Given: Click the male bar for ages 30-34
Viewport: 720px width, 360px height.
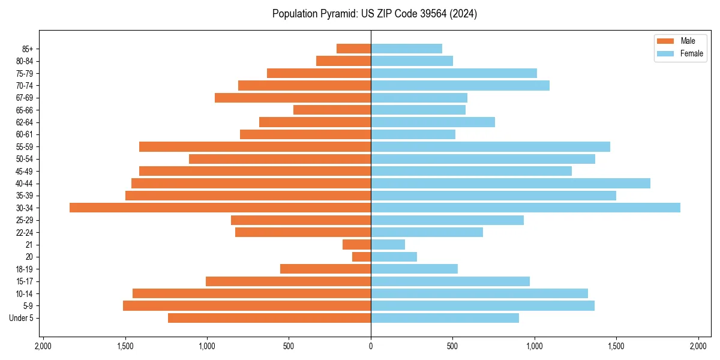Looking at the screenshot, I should (220, 208).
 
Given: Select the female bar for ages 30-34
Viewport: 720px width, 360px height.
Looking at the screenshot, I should (526, 208).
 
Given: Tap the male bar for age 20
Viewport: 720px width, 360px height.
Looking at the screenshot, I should (361, 257).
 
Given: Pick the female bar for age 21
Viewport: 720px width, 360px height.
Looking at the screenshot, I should (388, 244).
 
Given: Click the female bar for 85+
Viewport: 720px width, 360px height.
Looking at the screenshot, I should (407, 49).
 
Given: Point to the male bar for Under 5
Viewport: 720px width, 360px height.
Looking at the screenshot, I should (269, 318).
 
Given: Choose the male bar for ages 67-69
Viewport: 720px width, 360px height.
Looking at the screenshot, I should (293, 98).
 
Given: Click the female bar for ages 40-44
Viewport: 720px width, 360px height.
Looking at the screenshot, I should (511, 183).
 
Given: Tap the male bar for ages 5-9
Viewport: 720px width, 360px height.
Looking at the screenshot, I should (247, 305).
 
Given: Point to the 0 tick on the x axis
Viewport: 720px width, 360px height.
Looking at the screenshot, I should (371, 346).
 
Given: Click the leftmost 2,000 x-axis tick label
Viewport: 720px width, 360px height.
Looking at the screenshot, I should (43, 346).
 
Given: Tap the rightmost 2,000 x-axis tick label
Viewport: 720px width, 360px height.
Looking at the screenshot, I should (698, 346).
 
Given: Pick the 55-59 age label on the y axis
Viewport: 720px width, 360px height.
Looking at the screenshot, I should (25, 146).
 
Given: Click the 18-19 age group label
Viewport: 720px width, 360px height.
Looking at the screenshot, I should (25, 269).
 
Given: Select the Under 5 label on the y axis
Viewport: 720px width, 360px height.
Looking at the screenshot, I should (22, 318).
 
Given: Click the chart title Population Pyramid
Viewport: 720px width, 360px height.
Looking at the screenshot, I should (374, 14).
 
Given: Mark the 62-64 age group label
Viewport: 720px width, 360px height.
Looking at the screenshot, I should (25, 122).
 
